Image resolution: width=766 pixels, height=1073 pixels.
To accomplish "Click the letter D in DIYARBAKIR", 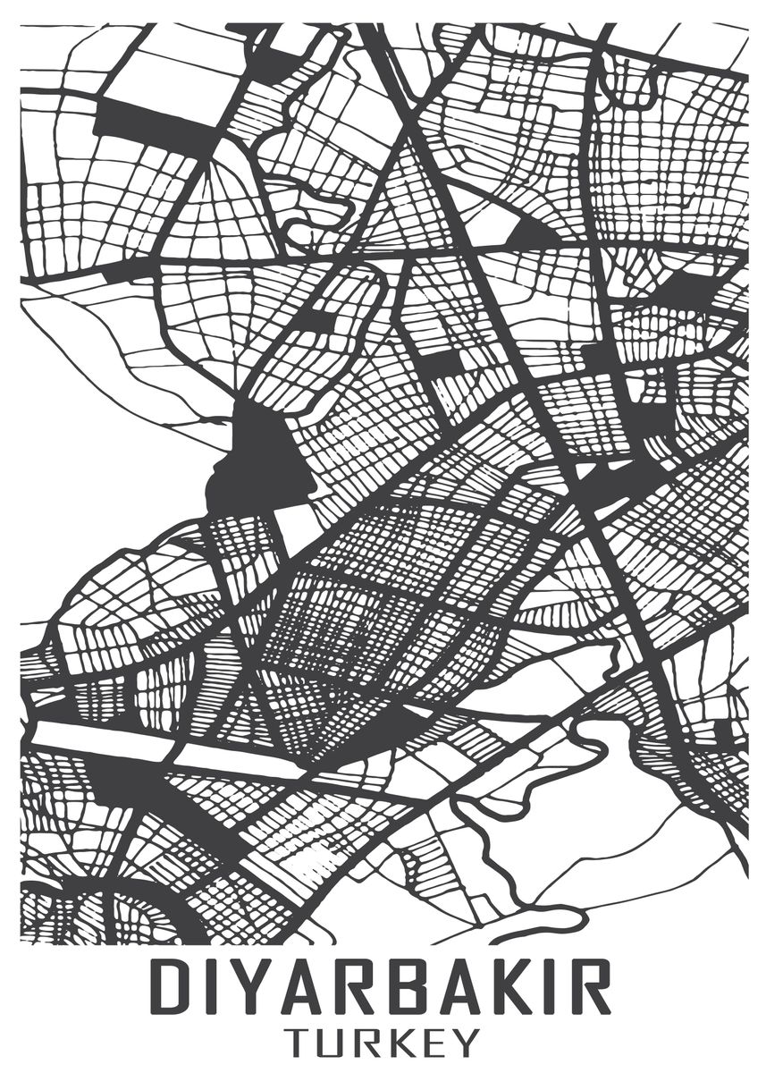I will [173, 987].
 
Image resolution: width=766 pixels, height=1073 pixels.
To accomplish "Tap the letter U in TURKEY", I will [337, 1043].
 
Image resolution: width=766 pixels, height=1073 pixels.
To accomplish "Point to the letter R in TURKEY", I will [375, 1043].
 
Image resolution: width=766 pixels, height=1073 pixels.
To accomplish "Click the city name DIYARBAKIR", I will [382, 987].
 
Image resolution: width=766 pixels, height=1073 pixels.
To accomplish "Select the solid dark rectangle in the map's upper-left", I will [152, 125].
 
